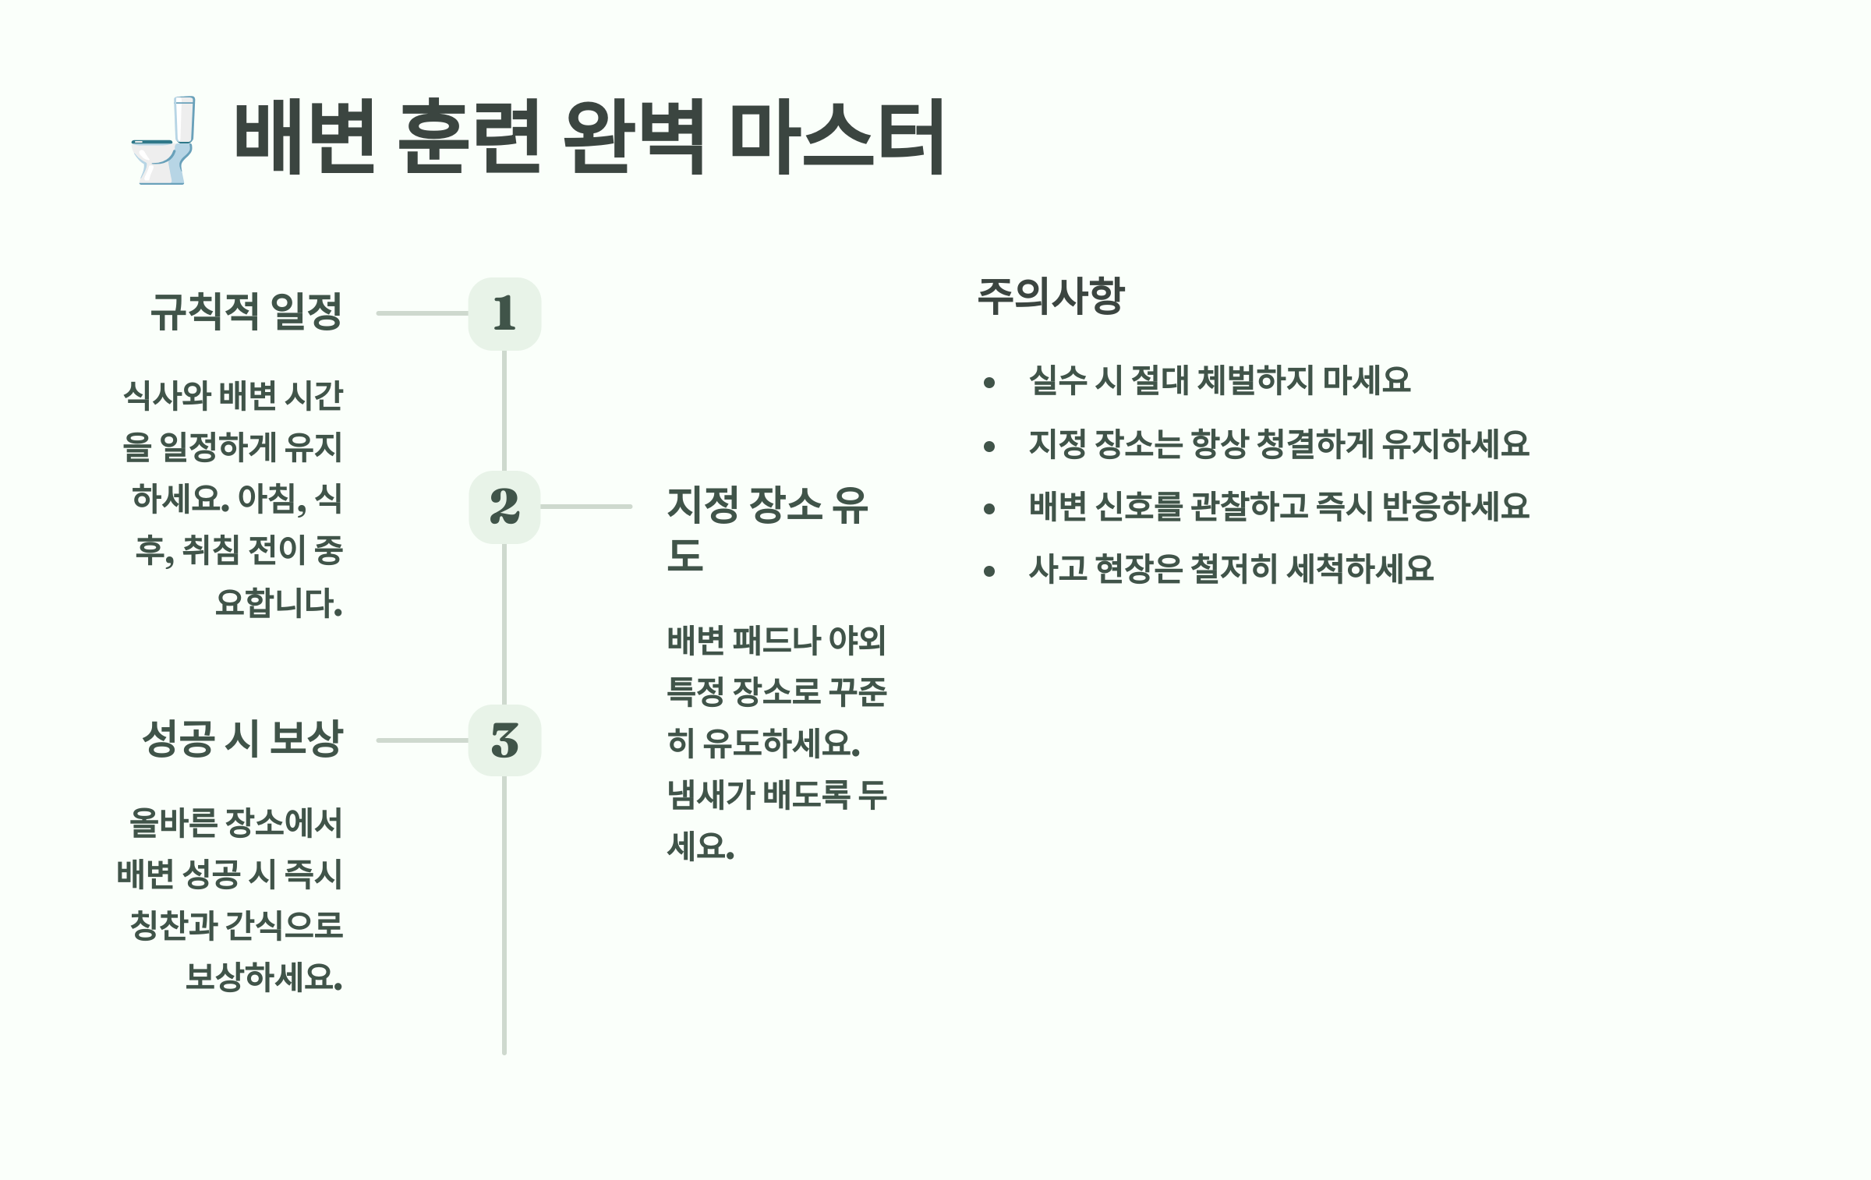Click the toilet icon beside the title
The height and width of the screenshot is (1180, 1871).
coord(163,140)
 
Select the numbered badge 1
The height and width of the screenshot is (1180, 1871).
coord(504,313)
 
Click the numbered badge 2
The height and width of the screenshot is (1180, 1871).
coord(504,507)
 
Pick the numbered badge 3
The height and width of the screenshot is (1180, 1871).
coord(504,740)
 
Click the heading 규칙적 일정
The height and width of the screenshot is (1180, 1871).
coord(246,312)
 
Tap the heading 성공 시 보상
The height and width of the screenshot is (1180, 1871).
coord(242,739)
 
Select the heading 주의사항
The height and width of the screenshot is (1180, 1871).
coord(1051,296)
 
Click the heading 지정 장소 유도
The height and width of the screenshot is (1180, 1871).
coord(767,507)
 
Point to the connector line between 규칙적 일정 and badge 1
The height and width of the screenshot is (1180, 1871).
coord(422,313)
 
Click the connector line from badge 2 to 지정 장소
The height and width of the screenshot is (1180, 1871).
coord(586,507)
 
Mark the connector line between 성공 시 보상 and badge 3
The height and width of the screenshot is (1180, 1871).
coord(422,740)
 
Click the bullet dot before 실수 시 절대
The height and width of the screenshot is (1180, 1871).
coord(989,382)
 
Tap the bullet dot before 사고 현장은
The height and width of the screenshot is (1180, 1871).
coord(989,571)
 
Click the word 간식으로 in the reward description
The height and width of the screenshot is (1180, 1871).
coord(284,926)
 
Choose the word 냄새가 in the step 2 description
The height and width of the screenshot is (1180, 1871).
coord(711,795)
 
